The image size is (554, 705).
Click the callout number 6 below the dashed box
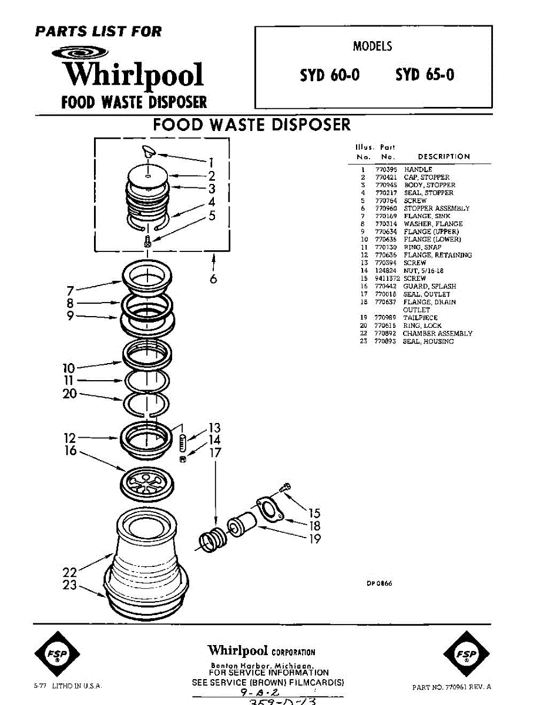pyautogui.click(x=213, y=279)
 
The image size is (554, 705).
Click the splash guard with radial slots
pyautogui.click(x=147, y=484)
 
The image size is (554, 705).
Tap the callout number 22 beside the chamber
pyautogui.click(x=69, y=572)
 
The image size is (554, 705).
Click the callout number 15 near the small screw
pyautogui.click(x=314, y=513)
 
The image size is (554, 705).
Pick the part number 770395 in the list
pyautogui.click(x=385, y=170)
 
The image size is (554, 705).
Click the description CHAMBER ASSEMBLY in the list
pyautogui.click(x=437, y=334)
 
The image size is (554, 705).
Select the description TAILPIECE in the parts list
pyautogui.click(x=420, y=318)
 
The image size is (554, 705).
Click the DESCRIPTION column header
pyautogui.click(x=444, y=157)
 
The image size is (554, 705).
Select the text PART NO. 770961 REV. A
pyautogui.click(x=451, y=687)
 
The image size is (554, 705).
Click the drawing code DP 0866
pyautogui.click(x=380, y=583)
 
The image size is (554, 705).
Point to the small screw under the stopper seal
pyautogui.click(x=147, y=240)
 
